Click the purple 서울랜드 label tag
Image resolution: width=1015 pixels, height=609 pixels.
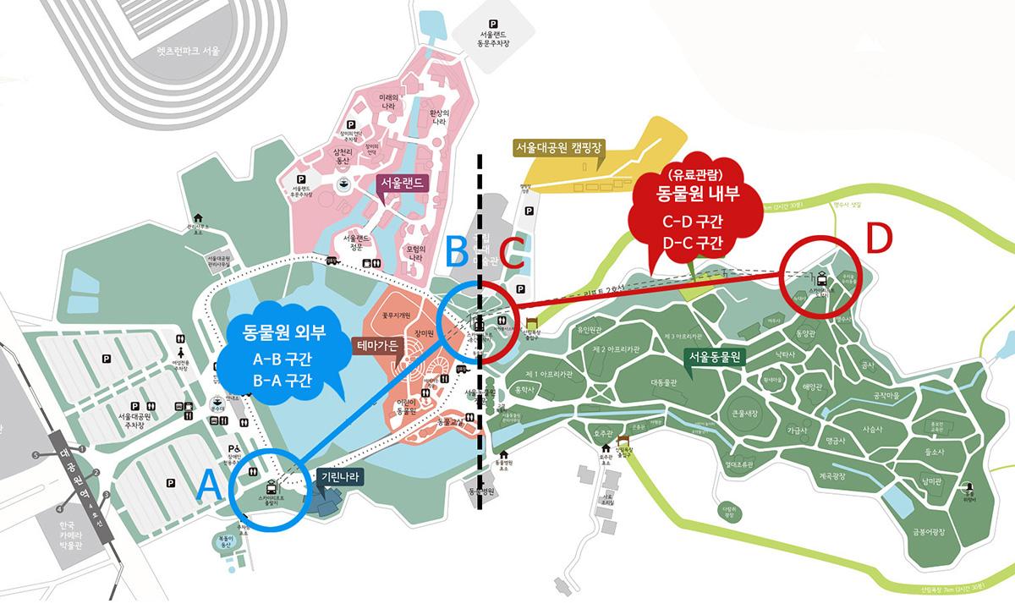(403, 184)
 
